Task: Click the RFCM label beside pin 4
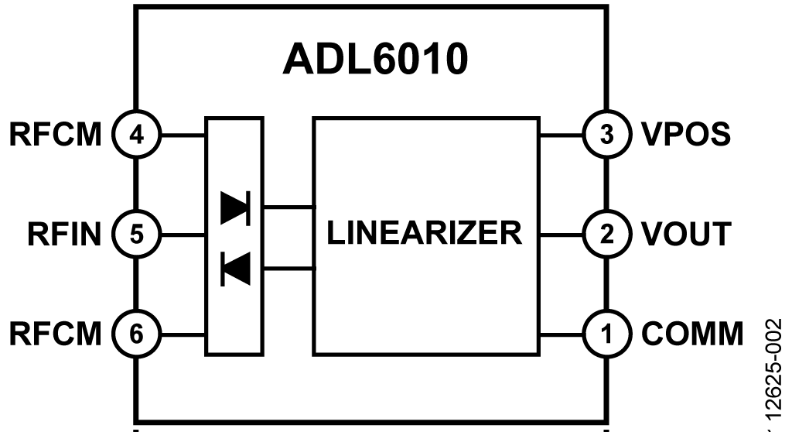coord(56,135)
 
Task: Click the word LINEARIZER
coord(425,231)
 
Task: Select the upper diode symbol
coord(234,207)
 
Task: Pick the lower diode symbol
coord(234,268)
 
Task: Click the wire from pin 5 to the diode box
coord(181,232)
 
